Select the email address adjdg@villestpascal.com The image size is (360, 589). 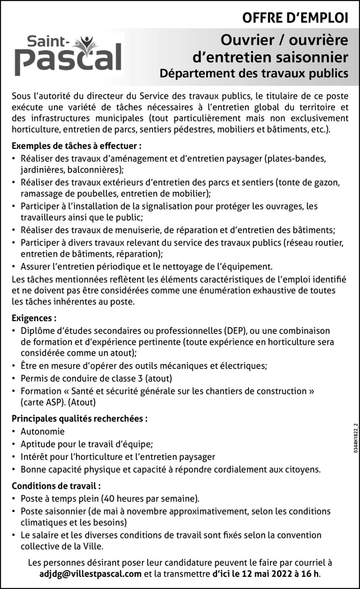(90, 574)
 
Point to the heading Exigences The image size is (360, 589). (34, 318)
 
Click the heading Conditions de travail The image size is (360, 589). (56, 486)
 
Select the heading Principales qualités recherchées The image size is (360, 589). (79, 418)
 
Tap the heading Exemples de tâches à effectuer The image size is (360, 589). (77, 146)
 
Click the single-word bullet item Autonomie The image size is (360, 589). (43, 431)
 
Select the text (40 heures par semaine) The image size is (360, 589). (150, 499)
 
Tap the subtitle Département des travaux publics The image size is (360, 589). (254, 73)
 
